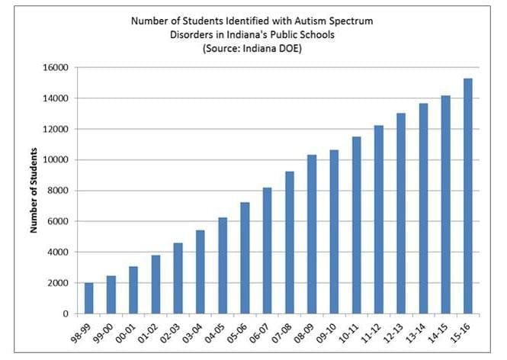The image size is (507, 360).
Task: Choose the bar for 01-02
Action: (156, 284)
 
